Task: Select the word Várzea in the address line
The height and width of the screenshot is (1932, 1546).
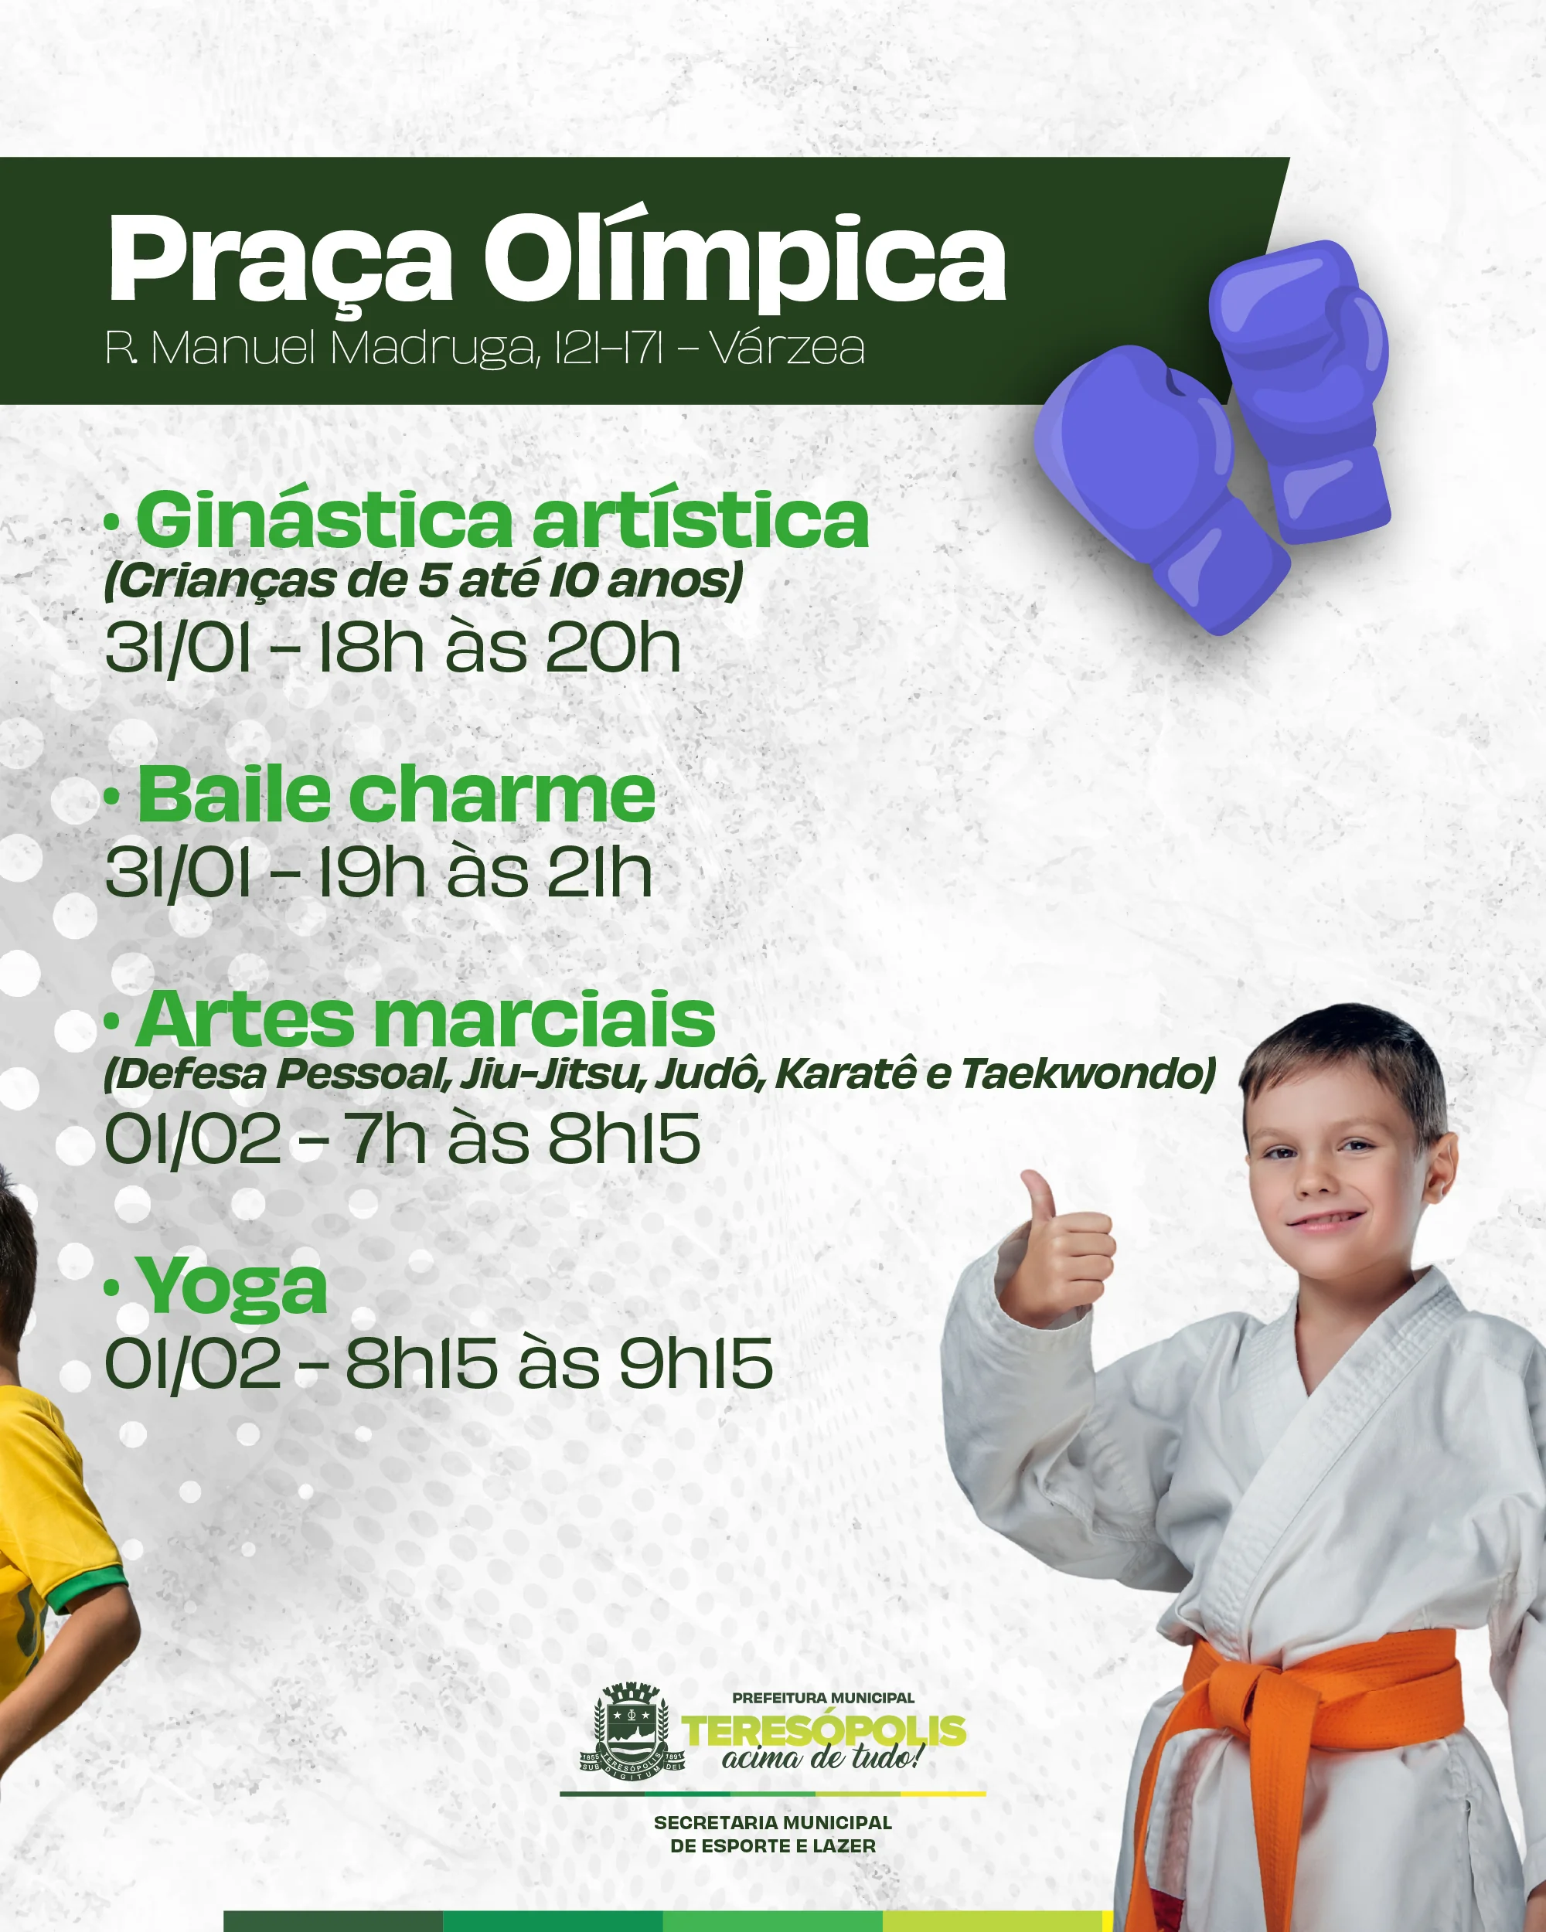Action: tap(788, 348)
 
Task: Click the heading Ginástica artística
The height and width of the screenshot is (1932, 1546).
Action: tap(502, 521)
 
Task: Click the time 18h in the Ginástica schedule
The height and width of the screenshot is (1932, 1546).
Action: tap(370, 648)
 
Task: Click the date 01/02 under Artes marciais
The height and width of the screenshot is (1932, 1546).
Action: tap(193, 1139)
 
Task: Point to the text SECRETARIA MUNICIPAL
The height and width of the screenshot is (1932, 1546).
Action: tap(772, 1823)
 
